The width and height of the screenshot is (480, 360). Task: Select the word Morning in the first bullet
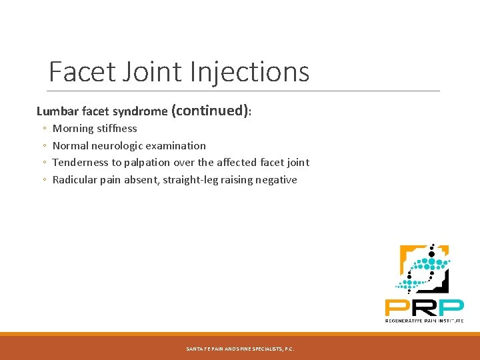73,129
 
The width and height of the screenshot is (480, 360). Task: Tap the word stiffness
117,129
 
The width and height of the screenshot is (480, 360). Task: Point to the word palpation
147,163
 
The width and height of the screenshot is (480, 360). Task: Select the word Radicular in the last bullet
75,180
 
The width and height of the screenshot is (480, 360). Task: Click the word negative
275,180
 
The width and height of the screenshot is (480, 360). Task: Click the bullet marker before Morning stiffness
43,129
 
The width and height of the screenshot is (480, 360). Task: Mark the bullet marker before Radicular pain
43,181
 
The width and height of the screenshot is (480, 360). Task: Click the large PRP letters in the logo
424,307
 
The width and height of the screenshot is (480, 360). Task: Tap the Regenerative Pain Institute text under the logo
424,320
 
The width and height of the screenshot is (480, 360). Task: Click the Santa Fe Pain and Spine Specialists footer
239,349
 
